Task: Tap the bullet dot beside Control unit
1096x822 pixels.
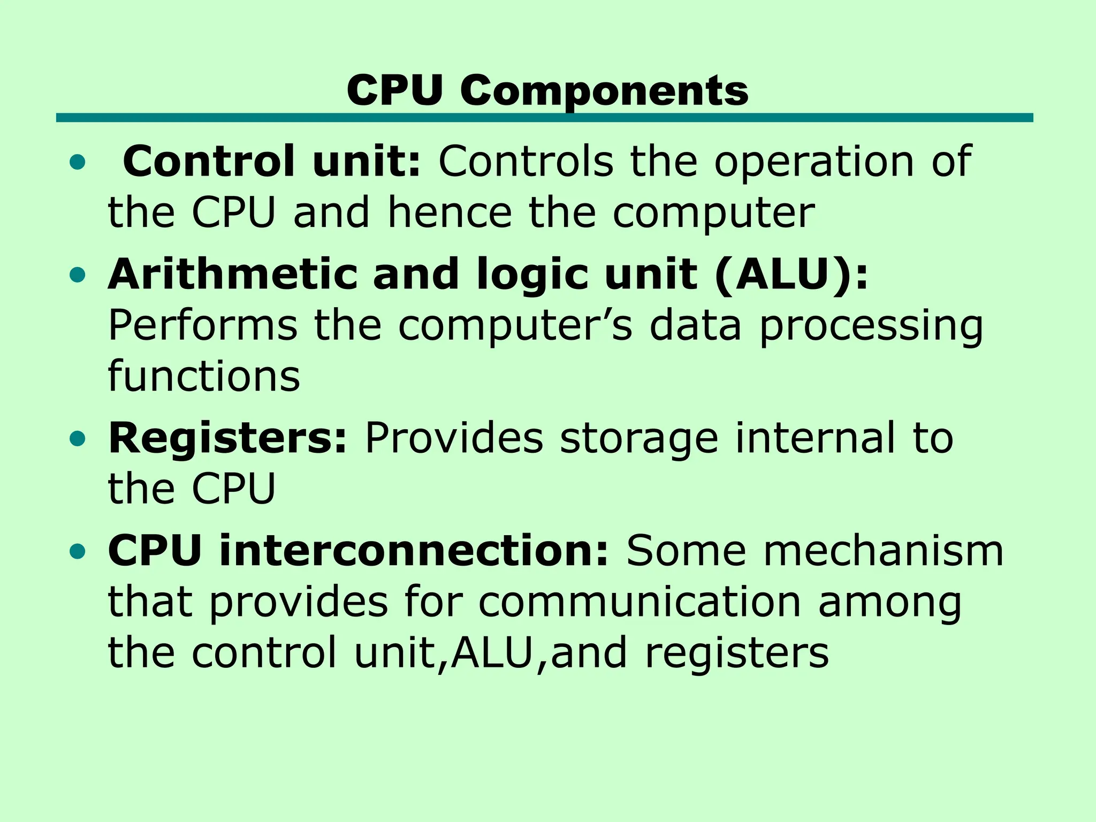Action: [x=78, y=163]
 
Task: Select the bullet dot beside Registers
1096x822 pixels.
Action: [x=78, y=439]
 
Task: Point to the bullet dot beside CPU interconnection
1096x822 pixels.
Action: [x=78, y=551]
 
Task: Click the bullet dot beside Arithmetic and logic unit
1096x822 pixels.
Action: [x=78, y=275]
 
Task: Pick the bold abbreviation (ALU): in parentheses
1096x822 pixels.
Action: [x=791, y=274]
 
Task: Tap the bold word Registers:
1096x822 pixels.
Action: [x=228, y=439]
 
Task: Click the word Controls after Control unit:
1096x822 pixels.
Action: [x=526, y=162]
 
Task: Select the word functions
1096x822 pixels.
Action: [x=204, y=376]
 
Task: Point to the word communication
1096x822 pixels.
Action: [x=640, y=603]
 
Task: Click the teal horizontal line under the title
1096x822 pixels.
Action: [x=544, y=118]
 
